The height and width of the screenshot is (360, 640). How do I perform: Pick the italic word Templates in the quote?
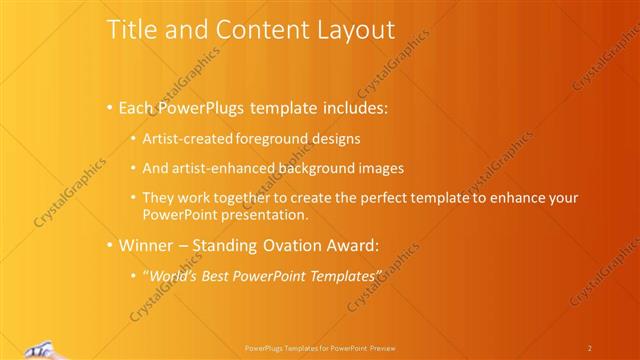[346, 275]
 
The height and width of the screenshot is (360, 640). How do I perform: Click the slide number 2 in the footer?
[590, 348]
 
